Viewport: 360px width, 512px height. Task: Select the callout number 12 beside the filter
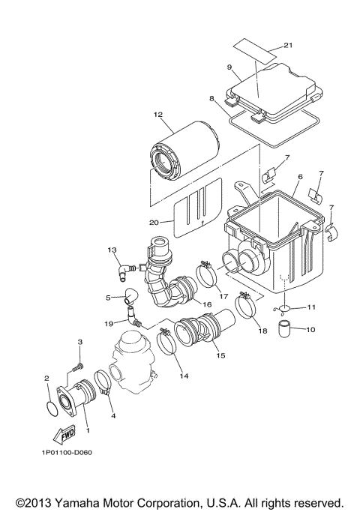click(158, 115)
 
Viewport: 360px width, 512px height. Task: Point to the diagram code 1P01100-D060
click(67, 473)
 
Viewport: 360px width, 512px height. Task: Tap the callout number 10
click(312, 329)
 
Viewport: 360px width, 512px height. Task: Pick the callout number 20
click(154, 222)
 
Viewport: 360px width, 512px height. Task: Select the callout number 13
click(112, 250)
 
